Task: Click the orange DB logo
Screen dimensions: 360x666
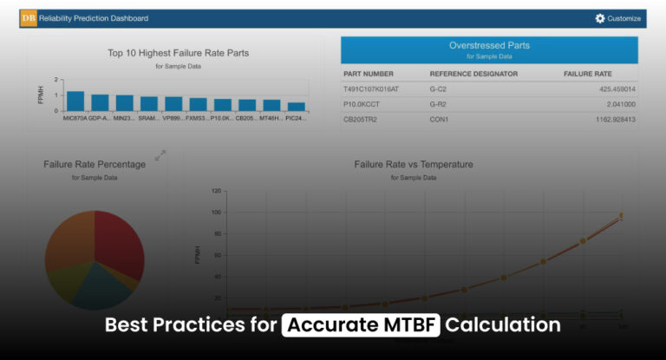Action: point(29,18)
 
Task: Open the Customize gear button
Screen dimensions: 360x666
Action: point(617,18)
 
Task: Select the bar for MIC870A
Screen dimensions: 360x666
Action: point(75,101)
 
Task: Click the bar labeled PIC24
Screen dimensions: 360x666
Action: point(297,106)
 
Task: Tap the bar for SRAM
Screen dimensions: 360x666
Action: point(149,103)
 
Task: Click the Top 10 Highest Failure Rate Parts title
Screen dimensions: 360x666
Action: point(178,53)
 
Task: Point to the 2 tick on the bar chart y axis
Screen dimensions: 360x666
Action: point(56,81)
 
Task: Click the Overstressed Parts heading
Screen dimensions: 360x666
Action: point(489,45)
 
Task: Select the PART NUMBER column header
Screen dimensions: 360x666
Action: point(369,74)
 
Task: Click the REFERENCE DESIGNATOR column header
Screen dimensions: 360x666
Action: point(473,74)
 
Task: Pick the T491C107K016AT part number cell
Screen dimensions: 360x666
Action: point(372,89)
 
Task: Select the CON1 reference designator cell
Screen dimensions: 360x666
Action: point(440,120)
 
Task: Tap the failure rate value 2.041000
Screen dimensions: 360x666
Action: point(617,104)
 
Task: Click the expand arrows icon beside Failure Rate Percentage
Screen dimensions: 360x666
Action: point(160,154)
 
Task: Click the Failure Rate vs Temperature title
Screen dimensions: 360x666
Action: point(413,164)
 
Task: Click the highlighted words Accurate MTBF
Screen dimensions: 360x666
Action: point(362,325)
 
